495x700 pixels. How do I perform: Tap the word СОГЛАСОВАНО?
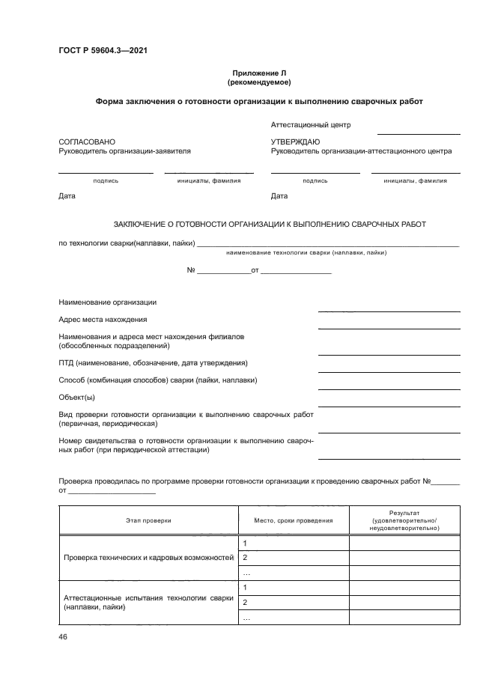point(87,141)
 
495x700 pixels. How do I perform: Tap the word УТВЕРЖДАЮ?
point(295,141)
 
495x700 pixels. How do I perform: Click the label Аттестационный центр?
point(311,125)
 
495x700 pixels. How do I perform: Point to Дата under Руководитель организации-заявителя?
point(67,196)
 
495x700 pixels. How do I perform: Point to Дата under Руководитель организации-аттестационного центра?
point(279,196)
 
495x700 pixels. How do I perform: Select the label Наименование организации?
point(107,302)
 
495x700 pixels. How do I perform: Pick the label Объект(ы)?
point(76,397)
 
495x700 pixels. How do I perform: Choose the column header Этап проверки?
point(148,520)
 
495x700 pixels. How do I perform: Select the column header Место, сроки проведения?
point(293,520)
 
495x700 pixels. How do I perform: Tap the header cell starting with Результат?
point(404,520)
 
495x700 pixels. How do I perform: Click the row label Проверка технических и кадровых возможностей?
point(148,558)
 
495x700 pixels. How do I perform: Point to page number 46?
point(63,636)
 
